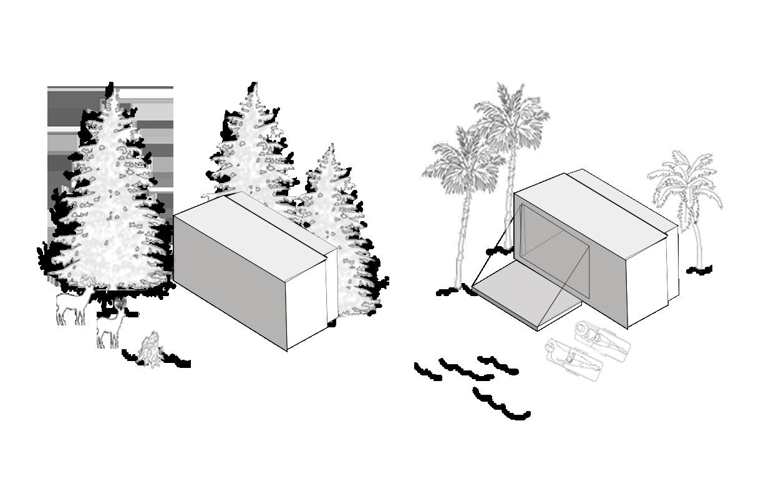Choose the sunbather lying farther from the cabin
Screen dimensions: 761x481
point(574,359)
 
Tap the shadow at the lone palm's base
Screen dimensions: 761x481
point(699,270)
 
